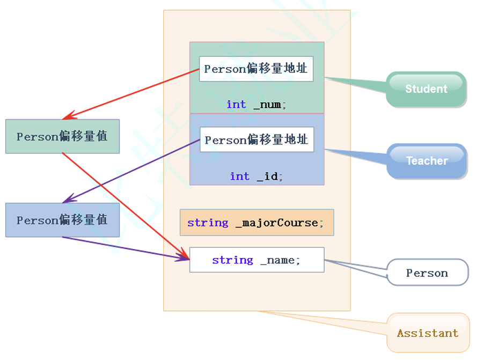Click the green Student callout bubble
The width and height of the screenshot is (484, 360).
click(426, 89)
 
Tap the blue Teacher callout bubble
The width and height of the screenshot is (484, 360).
click(427, 160)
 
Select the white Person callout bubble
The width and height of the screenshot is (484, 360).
click(427, 273)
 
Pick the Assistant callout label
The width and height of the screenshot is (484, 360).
click(428, 333)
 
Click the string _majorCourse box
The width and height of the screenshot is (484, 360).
click(256, 223)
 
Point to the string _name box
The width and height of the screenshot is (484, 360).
click(256, 260)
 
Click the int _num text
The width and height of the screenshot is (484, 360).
click(256, 105)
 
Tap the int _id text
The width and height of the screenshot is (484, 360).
click(256, 177)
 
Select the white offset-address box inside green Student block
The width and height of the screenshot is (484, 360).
click(256, 69)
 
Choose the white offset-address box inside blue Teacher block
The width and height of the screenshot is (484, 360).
click(256, 139)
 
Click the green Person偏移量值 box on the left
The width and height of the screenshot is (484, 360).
click(62, 136)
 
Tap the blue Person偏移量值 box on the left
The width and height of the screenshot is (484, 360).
click(62, 220)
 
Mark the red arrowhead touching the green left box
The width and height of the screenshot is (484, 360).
click(67, 117)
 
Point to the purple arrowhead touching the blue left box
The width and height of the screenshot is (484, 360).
click(67, 201)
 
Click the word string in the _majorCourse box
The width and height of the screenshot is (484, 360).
click(208, 223)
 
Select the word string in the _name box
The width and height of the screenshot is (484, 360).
click(232, 260)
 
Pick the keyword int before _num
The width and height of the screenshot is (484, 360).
click(236, 105)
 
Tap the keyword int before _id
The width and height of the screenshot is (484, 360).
click(240, 177)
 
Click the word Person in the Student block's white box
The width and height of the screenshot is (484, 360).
click(225, 69)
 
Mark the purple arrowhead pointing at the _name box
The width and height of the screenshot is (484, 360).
click(185, 259)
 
